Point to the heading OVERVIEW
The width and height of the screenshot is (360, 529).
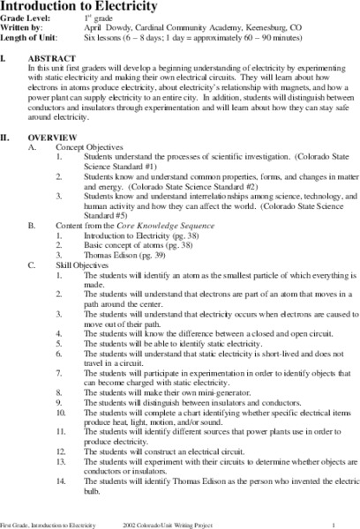tap(58, 139)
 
